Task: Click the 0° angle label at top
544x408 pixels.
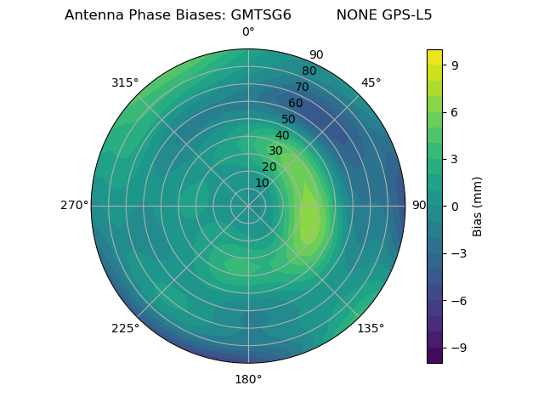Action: pyautogui.click(x=248, y=32)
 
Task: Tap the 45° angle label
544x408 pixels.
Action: pyautogui.click(x=371, y=82)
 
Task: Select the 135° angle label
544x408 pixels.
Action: pyautogui.click(x=371, y=328)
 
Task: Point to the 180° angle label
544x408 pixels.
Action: pyautogui.click(x=248, y=379)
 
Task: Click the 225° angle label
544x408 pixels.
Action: pyautogui.click(x=125, y=328)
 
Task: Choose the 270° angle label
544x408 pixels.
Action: pyautogui.click(x=74, y=206)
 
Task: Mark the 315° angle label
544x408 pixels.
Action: pyautogui.click(x=125, y=82)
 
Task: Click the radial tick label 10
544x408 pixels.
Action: pyautogui.click(x=262, y=183)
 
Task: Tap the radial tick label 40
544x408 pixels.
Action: pyautogui.click(x=282, y=136)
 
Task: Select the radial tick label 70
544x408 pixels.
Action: pyautogui.click(x=302, y=87)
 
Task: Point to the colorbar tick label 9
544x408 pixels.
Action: pyautogui.click(x=455, y=65)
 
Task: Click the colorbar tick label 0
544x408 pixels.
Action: pyautogui.click(x=455, y=206)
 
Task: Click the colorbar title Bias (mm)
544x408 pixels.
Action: pyautogui.click(x=478, y=206)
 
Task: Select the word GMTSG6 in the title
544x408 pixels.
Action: pyautogui.click(x=261, y=15)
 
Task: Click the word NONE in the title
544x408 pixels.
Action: pyautogui.click(x=353, y=15)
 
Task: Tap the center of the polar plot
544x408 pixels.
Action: pyautogui.click(x=248, y=206)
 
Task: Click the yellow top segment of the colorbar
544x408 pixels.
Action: pyautogui.click(x=434, y=57)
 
